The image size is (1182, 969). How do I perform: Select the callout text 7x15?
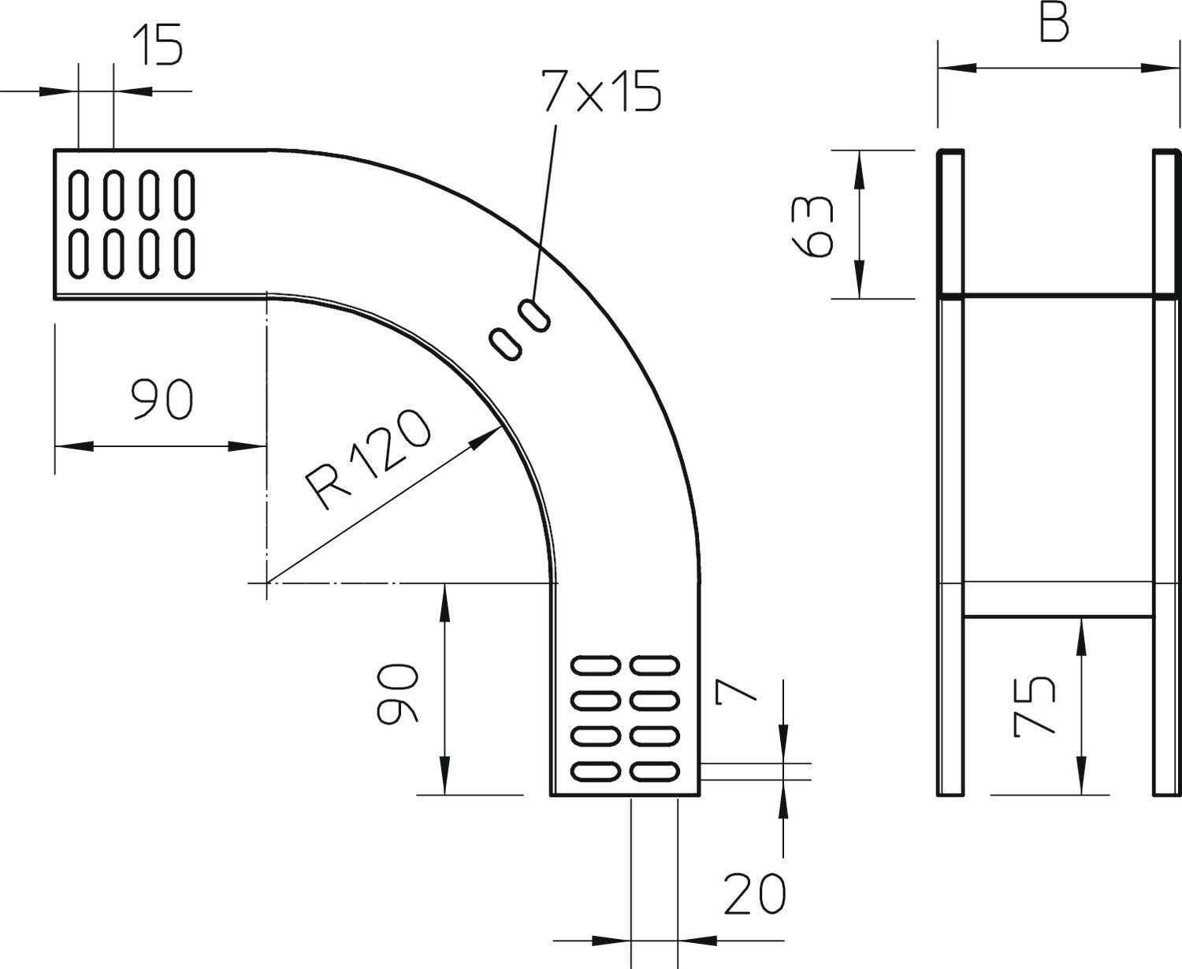pyautogui.click(x=600, y=91)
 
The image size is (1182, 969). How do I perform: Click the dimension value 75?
pyautogui.click(x=1033, y=706)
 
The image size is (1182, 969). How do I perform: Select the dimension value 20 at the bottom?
pyautogui.click(x=755, y=894)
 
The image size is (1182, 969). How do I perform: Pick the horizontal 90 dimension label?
pyautogui.click(x=162, y=399)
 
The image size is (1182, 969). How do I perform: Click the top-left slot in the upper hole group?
pyautogui.click(x=78, y=193)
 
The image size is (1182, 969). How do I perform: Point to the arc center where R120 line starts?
pyautogui.click(x=267, y=583)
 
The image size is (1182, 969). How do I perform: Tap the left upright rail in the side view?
pyautogui.click(x=950, y=473)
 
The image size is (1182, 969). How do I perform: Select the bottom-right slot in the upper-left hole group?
pyautogui.click(x=184, y=253)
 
